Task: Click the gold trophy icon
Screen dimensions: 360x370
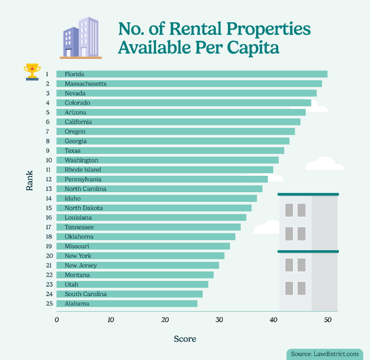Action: (x=32, y=71)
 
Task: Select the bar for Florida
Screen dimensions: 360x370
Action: (x=192, y=74)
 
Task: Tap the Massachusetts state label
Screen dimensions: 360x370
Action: (x=85, y=84)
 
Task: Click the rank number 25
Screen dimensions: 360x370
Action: (x=49, y=304)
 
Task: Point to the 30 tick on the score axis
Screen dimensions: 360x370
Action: (x=219, y=320)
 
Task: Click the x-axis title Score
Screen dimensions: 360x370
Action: (x=185, y=339)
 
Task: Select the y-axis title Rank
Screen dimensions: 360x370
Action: (x=29, y=184)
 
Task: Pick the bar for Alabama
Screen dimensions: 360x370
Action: (x=127, y=304)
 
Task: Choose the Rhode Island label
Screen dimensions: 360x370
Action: (x=83, y=170)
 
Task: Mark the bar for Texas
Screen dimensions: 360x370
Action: (x=170, y=151)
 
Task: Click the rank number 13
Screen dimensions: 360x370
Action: (x=49, y=189)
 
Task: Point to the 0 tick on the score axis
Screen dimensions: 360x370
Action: (x=57, y=320)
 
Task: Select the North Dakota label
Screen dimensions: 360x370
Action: (x=84, y=208)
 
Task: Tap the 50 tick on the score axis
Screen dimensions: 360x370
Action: (x=328, y=320)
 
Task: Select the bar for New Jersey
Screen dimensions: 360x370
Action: (x=137, y=265)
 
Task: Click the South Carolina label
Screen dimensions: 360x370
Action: (x=85, y=294)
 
